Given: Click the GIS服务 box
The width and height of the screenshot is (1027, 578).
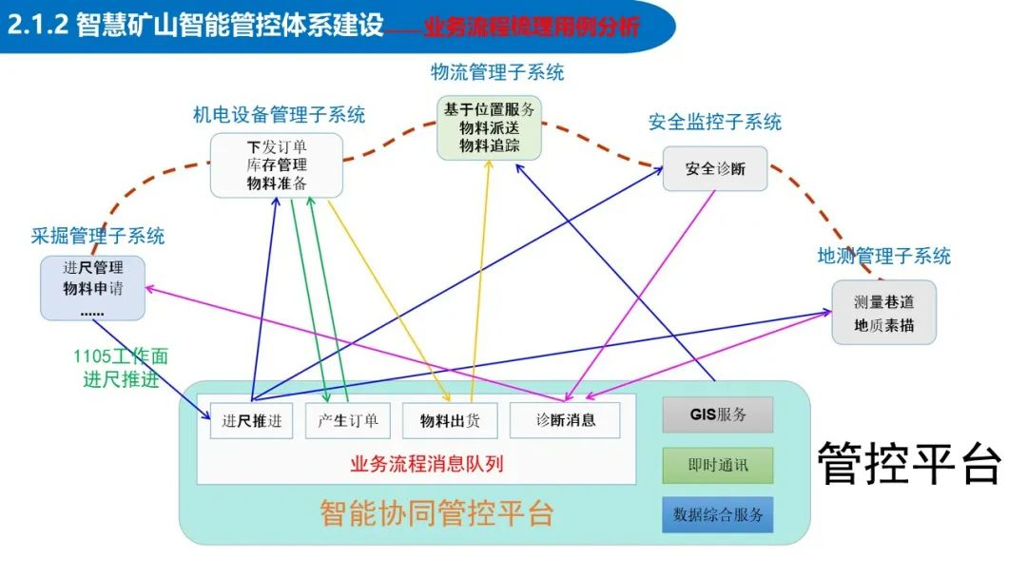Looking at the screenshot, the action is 718,415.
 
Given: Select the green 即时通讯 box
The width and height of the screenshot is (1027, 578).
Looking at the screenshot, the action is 718,466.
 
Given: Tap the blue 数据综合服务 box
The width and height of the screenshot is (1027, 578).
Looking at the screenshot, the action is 718,514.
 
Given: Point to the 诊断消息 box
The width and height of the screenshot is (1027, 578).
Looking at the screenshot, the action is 565,420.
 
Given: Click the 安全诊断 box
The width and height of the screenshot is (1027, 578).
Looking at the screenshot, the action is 715,169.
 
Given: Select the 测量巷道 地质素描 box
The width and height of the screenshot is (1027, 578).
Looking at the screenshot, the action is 884,313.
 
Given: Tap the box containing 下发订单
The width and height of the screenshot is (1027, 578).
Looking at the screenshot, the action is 276,165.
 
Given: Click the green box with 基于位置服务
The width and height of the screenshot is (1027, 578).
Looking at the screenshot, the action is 490,127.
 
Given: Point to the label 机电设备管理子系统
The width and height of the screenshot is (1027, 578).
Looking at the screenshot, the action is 279,115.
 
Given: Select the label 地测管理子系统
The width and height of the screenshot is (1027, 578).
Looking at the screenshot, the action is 884,256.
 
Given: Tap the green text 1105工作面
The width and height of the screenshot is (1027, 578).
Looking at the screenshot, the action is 121,357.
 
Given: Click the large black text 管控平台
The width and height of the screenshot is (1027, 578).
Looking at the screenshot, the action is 910,463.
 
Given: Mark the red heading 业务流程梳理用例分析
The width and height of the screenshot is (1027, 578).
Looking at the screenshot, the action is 532,27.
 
